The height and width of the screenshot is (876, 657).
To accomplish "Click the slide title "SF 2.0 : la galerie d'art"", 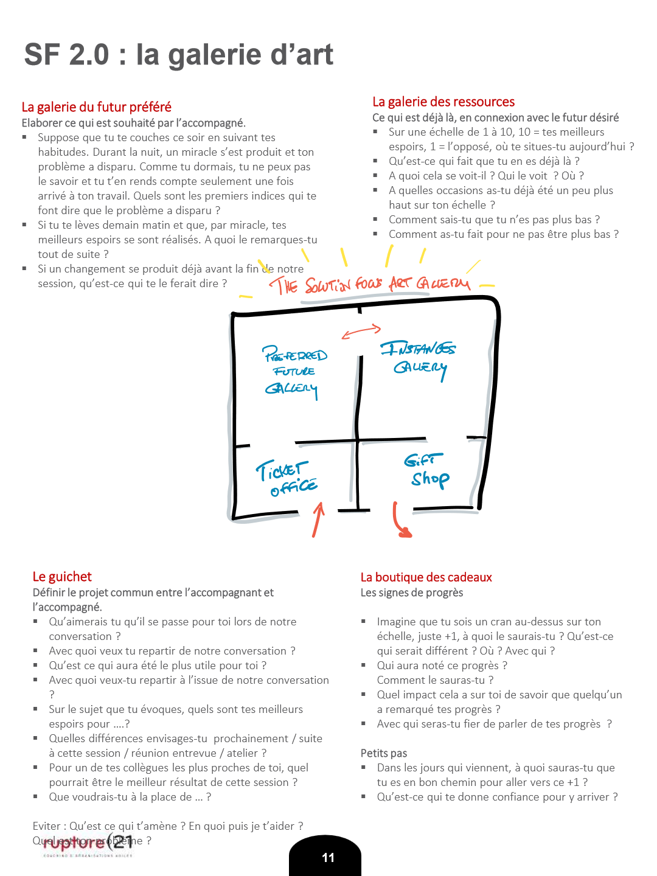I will click(x=178, y=55).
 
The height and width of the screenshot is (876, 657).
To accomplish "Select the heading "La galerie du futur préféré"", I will click(x=96, y=107).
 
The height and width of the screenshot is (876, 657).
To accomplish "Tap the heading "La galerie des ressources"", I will click(x=443, y=102).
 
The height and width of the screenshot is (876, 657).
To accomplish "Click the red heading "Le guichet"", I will click(x=62, y=577).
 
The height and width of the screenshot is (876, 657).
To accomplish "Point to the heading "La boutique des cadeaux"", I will click(x=426, y=577).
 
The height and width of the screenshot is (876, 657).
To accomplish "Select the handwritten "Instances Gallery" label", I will click(x=419, y=358).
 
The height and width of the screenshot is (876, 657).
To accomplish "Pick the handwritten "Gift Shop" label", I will click(x=427, y=470).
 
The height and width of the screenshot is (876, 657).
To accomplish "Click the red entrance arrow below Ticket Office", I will click(x=318, y=520).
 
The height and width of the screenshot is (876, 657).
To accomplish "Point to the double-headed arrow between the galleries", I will click(x=361, y=332).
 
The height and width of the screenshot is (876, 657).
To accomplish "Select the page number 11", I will click(x=328, y=858).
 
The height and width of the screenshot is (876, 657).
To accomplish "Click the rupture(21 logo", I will click(x=88, y=844).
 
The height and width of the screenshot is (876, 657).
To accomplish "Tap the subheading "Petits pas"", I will click(x=384, y=753).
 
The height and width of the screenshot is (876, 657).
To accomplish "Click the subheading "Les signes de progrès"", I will click(x=412, y=593).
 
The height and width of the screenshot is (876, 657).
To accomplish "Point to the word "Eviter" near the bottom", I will click(x=47, y=826).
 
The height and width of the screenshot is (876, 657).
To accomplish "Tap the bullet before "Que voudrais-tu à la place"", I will click(x=36, y=797).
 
